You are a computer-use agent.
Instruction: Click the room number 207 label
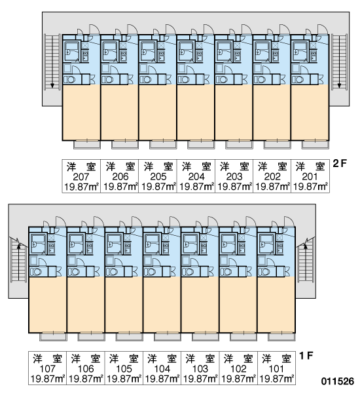pos(81,177)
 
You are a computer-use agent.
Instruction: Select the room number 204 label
pos(196,177)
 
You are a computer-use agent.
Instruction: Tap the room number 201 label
pos(310,177)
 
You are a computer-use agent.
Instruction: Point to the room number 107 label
pos(47,369)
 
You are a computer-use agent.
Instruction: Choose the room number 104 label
pos(162,369)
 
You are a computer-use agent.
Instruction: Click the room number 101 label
pos(276,369)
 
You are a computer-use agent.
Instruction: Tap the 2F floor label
pos(340,164)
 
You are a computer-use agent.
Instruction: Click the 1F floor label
pos(306,356)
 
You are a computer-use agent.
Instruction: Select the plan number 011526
pos(338,381)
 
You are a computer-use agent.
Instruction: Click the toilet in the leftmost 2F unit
pos(69,80)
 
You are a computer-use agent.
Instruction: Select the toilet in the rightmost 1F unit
pos(264,272)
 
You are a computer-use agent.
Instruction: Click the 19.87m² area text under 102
pos(238,379)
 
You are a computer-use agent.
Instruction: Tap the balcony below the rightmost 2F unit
pos(315,145)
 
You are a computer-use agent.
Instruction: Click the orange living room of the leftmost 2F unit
pos(81,112)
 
